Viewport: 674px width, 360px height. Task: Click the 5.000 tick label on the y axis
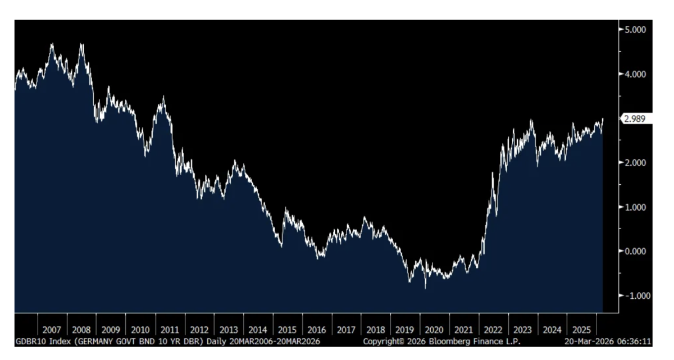pos(634,29)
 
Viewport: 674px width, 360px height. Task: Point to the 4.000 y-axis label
pos(634,74)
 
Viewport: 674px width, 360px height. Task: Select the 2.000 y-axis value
pos(634,162)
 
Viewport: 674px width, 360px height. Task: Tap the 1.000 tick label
pos(634,207)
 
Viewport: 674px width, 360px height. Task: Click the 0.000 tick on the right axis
pos(634,251)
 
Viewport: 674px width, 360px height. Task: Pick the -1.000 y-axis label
pos(633,295)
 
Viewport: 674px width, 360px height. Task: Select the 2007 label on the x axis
pos(52,330)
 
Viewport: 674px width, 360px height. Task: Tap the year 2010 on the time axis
pos(140,330)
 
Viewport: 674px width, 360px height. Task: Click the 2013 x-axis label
pos(229,330)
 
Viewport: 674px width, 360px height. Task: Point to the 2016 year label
pos(317,330)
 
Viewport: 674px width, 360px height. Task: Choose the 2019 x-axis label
pos(405,330)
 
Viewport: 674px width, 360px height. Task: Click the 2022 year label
pos(493,330)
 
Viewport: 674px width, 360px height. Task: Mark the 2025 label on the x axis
pos(581,330)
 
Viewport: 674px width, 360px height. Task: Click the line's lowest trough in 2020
pos(425,288)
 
